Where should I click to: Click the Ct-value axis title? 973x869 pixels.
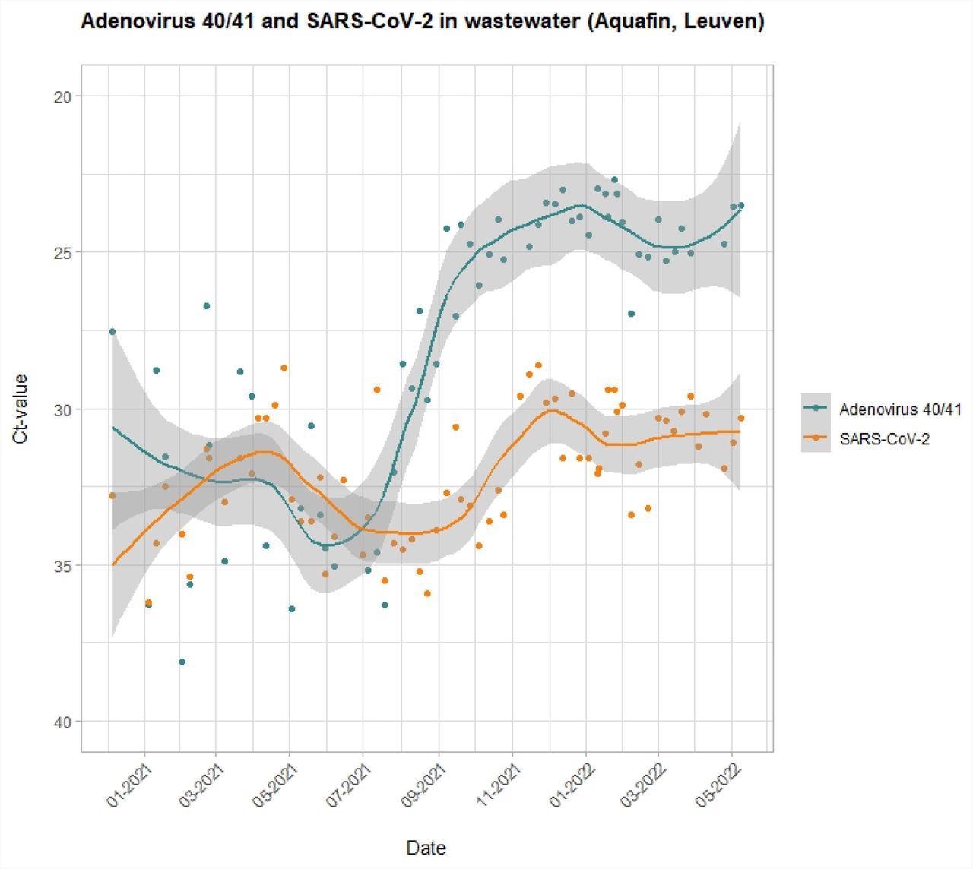[21, 409]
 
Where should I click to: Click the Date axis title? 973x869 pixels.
[426, 848]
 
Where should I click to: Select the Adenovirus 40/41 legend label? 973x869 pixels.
[900, 409]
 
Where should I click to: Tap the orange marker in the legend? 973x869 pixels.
[816, 438]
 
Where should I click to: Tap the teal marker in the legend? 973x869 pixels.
[816, 408]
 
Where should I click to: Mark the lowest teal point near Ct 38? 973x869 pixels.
[182, 662]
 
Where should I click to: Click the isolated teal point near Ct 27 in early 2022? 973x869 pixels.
[631, 314]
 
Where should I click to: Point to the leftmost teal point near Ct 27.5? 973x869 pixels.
[113, 332]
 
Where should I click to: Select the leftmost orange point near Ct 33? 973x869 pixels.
[113, 495]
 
